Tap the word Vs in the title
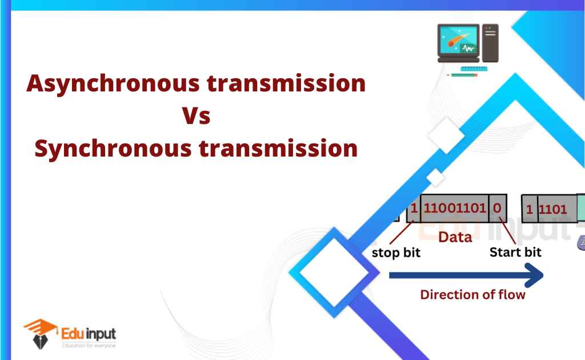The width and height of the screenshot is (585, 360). (x=196, y=117)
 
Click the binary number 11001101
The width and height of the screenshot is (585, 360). (x=454, y=209)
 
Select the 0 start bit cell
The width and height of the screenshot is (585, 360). (x=497, y=209)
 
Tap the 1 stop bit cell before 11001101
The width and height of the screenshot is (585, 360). (x=414, y=209)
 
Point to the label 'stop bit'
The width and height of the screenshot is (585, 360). (x=396, y=252)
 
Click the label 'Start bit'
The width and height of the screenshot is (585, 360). (x=516, y=251)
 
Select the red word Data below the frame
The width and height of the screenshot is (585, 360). (x=455, y=237)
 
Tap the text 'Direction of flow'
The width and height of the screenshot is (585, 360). (x=472, y=295)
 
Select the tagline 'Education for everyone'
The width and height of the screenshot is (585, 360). (x=89, y=345)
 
